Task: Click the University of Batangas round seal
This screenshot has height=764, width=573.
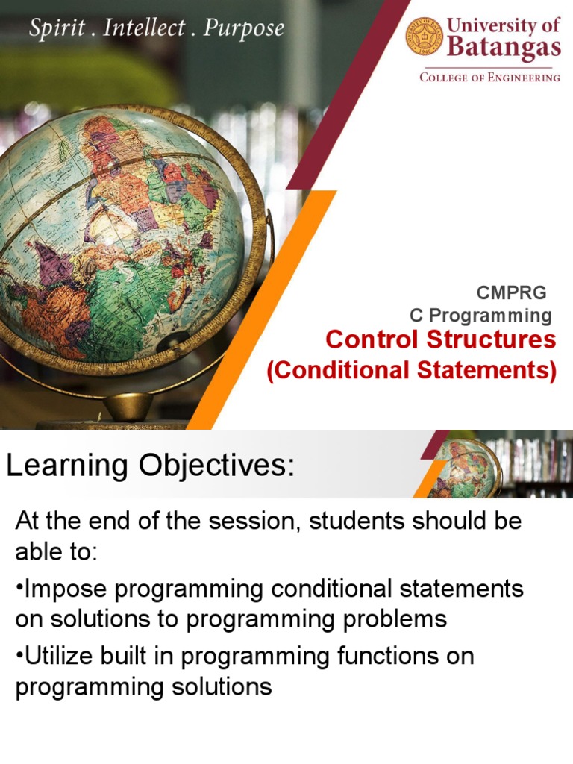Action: (425, 37)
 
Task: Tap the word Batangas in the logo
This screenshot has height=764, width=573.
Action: (504, 48)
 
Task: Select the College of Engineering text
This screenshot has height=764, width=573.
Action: (489, 78)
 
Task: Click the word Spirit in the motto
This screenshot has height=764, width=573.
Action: (57, 28)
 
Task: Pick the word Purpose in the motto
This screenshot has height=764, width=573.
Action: (244, 28)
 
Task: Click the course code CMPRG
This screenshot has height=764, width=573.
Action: (511, 292)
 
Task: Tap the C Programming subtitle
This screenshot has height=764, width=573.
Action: (480, 316)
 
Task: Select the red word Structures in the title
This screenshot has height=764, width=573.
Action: (491, 339)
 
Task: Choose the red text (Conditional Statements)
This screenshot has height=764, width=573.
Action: (411, 370)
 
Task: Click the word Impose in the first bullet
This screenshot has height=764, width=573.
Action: (66, 589)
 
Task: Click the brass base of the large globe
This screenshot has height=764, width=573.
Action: (128, 407)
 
